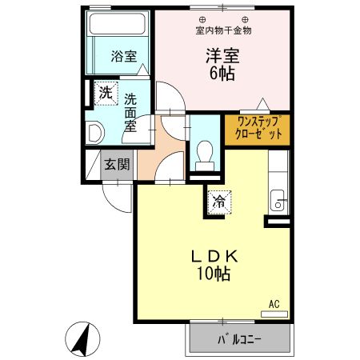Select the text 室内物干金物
(223, 30)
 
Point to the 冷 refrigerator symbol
(217, 202)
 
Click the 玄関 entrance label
(117, 165)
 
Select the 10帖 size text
(210, 275)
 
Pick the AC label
(274, 304)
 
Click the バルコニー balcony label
(240, 339)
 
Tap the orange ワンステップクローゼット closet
(257, 129)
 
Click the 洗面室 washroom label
(131, 113)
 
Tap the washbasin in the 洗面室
(93, 131)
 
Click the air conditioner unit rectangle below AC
(274, 314)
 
